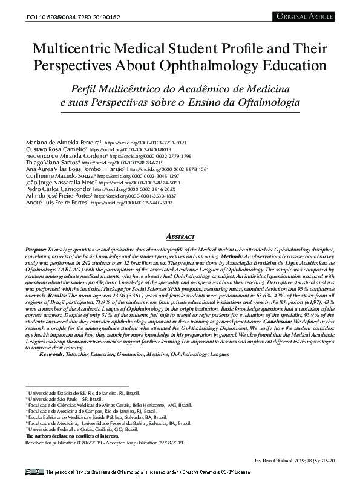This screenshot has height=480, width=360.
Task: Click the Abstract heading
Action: pos(180,236)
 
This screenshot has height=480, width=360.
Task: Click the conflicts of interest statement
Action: pos(72,435)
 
